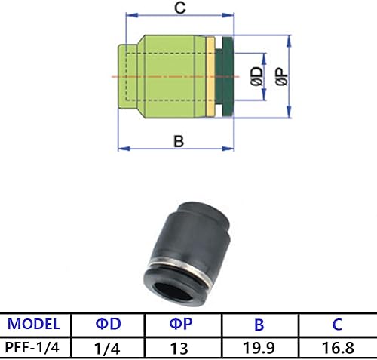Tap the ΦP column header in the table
pyautogui.click(x=179, y=325)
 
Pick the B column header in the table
pyautogui.click(x=259, y=325)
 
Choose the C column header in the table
pyautogui.click(x=337, y=325)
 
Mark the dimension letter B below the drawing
pyautogui.click(x=179, y=140)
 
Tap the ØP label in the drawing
pyautogui.click(x=280, y=76)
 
